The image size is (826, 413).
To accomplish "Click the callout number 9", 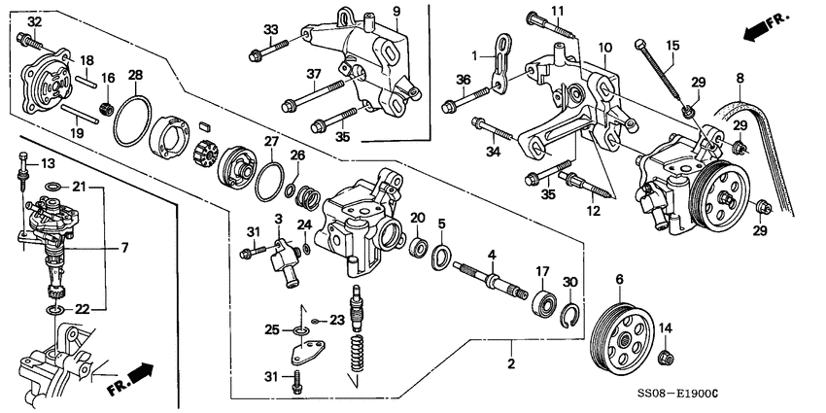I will click(x=396, y=11).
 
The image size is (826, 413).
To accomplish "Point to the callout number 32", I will click(x=34, y=21).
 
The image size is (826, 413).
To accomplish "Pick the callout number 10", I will click(x=604, y=47).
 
